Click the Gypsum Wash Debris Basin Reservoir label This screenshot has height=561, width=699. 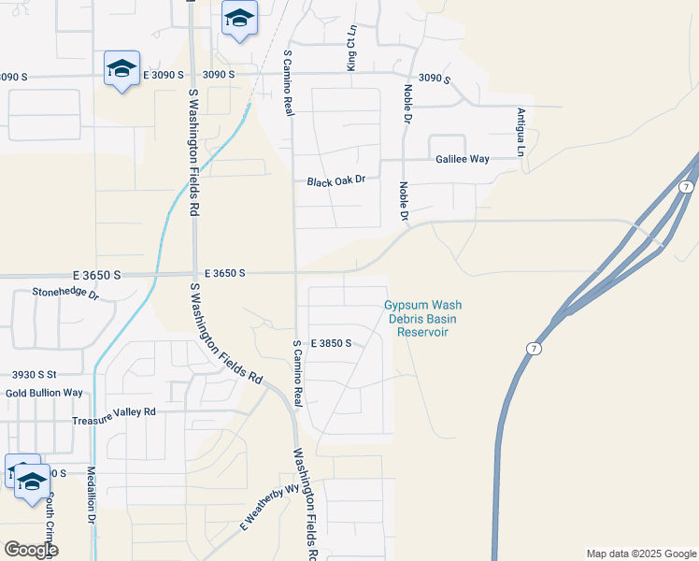423,318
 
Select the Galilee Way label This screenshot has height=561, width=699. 463,159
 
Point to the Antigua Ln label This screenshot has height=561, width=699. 521,132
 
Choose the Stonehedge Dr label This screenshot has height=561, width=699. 65,294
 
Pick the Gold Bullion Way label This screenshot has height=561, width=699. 44,392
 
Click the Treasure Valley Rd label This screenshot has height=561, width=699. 114,411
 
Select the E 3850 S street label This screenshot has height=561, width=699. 331,343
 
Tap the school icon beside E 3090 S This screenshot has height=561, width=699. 121,69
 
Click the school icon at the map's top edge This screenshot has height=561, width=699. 240,19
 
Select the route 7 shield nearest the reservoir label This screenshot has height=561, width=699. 532,349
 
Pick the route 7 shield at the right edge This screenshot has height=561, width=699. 687,188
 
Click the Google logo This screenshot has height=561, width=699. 30,550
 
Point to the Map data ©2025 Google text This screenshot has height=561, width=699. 641,554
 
